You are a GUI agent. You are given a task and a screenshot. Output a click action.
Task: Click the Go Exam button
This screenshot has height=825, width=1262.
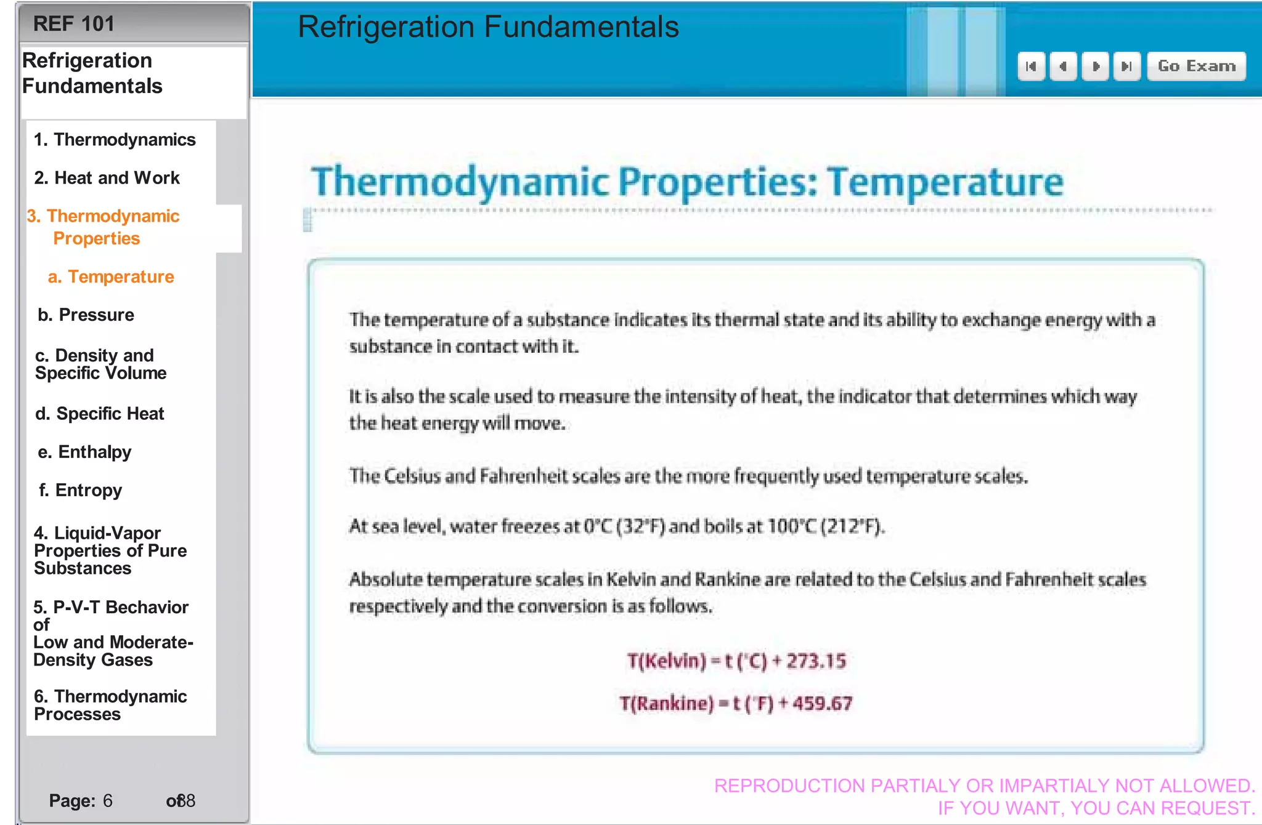coord(1196,66)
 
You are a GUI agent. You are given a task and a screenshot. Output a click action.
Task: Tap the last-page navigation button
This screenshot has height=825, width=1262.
coord(1126,66)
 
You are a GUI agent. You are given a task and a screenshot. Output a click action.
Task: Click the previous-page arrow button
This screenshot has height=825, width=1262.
coord(1062,66)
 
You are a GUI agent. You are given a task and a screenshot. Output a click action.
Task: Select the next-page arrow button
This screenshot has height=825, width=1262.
coord(1095,66)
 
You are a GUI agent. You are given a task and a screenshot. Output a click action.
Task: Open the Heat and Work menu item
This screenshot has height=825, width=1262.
coord(107,178)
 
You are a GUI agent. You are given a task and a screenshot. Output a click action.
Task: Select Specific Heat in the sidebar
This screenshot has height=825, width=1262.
coord(100,414)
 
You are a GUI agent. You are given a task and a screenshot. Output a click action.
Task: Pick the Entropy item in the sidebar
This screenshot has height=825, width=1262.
coord(80,490)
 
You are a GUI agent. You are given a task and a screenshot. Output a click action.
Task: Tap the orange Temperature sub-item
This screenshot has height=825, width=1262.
coord(111,277)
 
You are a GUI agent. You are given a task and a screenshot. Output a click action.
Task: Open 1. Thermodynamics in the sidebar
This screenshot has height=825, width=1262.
coord(115,140)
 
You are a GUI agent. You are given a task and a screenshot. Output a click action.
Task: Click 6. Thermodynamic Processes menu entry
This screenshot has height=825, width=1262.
coord(110,705)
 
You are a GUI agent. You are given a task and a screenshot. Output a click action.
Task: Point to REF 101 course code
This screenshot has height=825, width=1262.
coord(73,24)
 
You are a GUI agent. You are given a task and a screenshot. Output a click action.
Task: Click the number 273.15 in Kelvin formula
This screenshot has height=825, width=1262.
coord(816,661)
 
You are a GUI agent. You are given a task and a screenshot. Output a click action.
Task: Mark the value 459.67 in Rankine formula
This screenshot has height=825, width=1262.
coord(823,703)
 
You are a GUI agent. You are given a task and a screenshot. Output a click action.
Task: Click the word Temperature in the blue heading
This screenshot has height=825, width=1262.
coord(945,183)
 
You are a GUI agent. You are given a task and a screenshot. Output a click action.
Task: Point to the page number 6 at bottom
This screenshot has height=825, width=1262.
coord(107,800)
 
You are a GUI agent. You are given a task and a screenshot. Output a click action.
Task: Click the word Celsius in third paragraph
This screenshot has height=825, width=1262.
coord(412,476)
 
